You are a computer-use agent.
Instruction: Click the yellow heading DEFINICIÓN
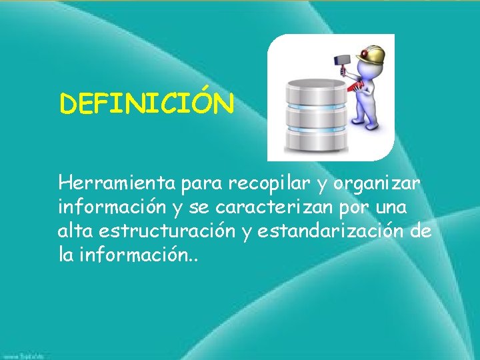click(147, 104)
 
